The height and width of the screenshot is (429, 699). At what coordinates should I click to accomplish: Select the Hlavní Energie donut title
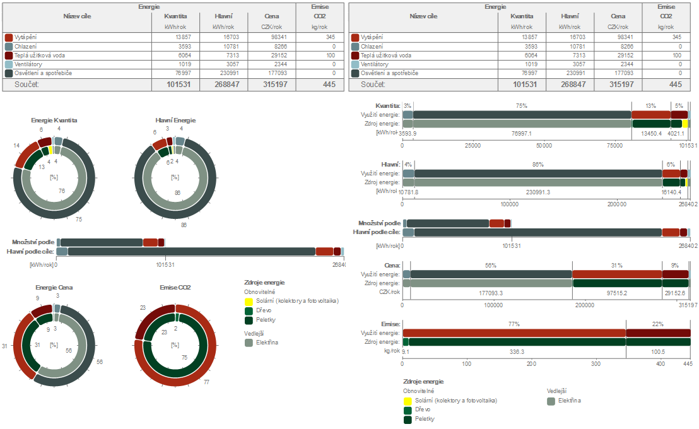click(175, 120)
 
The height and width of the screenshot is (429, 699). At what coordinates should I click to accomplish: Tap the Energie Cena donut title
click(54, 288)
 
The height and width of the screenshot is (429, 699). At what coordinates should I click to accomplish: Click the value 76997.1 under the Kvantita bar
click(521, 133)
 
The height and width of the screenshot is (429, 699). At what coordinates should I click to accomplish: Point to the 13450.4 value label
click(651, 133)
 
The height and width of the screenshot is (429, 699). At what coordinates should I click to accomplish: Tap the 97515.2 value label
click(616, 293)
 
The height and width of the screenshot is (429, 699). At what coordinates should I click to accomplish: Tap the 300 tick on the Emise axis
click(596, 364)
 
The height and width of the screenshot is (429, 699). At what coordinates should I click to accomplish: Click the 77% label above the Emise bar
click(514, 324)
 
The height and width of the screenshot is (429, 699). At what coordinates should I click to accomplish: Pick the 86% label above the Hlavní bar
click(537, 165)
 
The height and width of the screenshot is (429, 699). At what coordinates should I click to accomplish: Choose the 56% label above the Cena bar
click(491, 266)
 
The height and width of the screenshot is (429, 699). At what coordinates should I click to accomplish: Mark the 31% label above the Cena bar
click(616, 266)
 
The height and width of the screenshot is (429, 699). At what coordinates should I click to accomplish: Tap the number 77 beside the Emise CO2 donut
click(206, 382)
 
